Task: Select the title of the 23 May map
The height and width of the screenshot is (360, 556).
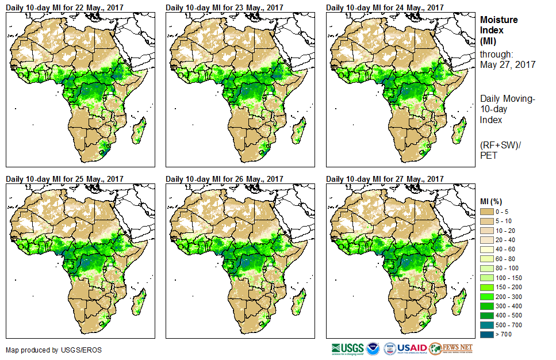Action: tap(225, 7)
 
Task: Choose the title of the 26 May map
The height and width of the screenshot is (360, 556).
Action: tap(225, 179)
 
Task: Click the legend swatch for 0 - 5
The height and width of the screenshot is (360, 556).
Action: tap(488, 212)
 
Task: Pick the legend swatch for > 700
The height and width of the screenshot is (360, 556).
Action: tap(488, 333)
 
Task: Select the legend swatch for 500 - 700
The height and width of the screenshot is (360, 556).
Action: tap(488, 324)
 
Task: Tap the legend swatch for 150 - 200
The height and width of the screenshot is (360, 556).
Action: tap(488, 286)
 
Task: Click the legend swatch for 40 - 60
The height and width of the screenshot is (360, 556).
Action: tap(488, 250)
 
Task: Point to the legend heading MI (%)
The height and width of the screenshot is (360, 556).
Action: tap(493, 201)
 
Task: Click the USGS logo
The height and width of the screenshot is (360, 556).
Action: tap(347, 348)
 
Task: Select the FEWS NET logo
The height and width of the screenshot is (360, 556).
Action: tap(451, 348)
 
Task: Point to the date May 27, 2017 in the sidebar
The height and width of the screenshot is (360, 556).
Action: tap(507, 65)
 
